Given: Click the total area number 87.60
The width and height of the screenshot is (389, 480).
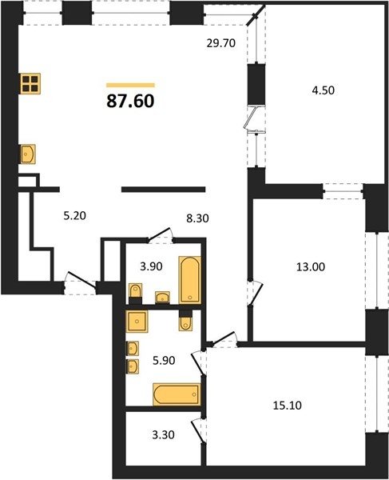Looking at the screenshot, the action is (x=130, y=102).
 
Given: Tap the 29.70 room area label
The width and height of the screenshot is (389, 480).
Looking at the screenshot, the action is (x=221, y=43).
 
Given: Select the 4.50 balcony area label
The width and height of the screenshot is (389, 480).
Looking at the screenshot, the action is (x=323, y=90).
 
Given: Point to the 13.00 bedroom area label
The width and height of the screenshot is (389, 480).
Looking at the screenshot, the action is (x=311, y=267).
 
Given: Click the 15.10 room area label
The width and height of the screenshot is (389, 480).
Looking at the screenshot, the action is (x=287, y=406).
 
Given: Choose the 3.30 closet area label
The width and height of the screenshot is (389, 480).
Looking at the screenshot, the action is (x=164, y=434).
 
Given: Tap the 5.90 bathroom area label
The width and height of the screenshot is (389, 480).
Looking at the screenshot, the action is (x=164, y=360).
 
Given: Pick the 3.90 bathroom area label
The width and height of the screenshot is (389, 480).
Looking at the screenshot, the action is (x=151, y=266).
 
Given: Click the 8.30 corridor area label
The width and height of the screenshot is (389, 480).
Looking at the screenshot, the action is (x=198, y=218).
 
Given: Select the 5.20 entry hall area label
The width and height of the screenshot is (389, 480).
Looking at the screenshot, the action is (x=75, y=216).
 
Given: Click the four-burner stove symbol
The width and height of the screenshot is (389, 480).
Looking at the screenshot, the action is (x=30, y=84).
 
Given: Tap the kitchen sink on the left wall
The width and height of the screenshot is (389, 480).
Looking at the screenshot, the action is (x=28, y=154).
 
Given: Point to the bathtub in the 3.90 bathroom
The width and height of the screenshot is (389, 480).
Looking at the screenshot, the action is (x=190, y=280).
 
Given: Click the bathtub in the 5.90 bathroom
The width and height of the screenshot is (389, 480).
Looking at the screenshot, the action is (x=177, y=394).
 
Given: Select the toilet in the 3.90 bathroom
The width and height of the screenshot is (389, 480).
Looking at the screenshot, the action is (x=136, y=291).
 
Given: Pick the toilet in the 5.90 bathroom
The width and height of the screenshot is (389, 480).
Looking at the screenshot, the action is (x=185, y=323).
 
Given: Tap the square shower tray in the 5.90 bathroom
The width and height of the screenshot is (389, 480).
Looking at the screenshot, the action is (x=137, y=321).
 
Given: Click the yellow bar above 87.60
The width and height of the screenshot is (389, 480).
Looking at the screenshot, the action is (x=130, y=85).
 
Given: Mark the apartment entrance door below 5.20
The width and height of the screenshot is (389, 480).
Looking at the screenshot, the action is (x=81, y=280).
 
